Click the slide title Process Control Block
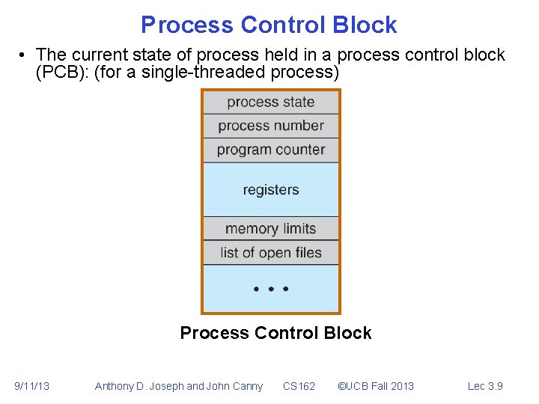tap(269, 25)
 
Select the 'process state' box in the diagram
tap(270, 102)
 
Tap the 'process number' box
tap(270, 126)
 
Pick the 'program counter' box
tap(270, 150)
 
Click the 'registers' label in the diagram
tap(270, 190)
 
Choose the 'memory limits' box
tap(270, 229)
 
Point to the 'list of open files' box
tap(270, 253)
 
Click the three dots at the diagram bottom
tap(270, 289)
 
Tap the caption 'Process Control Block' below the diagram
tap(275, 333)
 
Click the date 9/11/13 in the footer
tap(32, 386)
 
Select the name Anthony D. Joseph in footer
tap(138, 386)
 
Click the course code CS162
tap(299, 386)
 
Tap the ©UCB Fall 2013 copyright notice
tap(375, 386)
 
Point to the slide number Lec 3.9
tap(485, 386)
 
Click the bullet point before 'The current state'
tap(25, 55)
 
